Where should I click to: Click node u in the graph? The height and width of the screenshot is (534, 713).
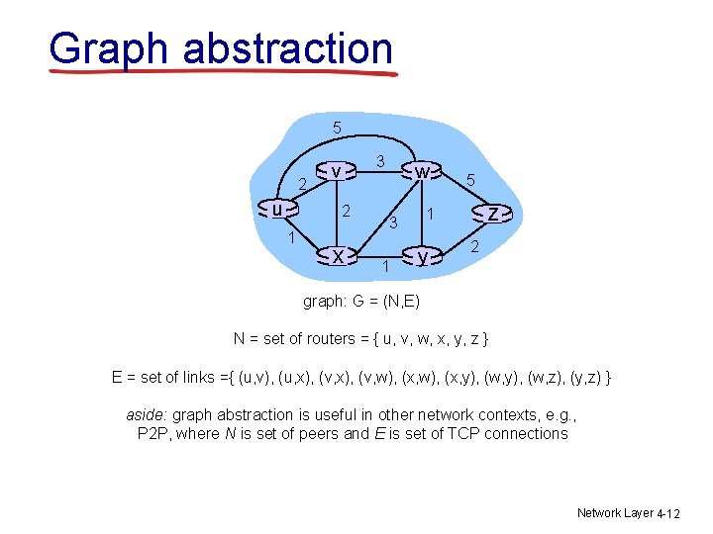278,209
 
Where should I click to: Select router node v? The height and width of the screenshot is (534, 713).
337,171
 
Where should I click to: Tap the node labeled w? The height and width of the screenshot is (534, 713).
422,171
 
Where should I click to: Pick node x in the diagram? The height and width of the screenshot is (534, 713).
338,256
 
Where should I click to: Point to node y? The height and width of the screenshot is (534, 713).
423,256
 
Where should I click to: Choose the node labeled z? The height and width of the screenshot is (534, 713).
492,213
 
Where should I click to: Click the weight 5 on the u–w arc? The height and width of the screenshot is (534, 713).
337,128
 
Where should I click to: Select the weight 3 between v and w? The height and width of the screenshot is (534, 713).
380,161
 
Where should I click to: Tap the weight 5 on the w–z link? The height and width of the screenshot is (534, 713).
472,181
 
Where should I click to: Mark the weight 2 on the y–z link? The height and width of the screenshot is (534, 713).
475,245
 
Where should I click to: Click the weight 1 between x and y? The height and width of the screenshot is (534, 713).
385,264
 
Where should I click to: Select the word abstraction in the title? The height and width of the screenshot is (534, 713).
288,47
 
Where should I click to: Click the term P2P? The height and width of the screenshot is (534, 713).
153,433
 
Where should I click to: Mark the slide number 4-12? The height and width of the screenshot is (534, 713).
670,513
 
